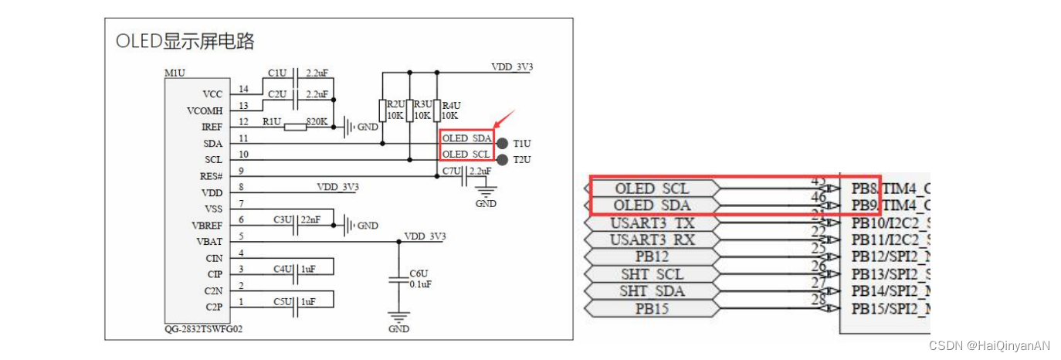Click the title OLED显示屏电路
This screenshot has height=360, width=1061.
185,41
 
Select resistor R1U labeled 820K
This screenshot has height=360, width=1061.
295,127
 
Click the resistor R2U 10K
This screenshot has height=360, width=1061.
383,110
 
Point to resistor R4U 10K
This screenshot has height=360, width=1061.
437,110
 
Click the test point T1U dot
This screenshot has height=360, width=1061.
503,144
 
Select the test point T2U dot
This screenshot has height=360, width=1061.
503,160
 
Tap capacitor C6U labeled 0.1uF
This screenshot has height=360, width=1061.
398,279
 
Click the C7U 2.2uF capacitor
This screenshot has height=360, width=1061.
464,176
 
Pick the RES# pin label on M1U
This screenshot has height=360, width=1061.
212,176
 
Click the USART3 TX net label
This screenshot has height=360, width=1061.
653,223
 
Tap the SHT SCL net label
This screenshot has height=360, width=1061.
653,274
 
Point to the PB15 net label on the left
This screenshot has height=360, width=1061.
653,308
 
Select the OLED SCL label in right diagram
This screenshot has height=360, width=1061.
653,188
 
